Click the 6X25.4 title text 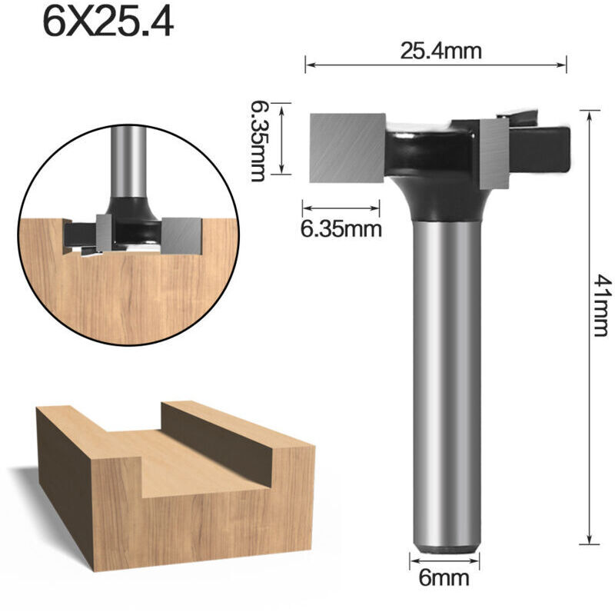point(108,23)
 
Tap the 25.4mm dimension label point(440,52)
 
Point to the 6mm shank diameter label point(444,577)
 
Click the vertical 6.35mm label point(258,141)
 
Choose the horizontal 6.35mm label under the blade point(341,229)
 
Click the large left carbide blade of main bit point(347,148)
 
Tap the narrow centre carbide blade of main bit point(494,153)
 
